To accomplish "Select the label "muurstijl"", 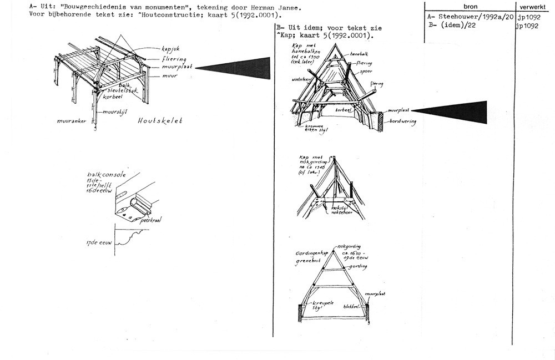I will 113,111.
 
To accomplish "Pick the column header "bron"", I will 468,6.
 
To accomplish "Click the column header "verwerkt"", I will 534,6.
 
